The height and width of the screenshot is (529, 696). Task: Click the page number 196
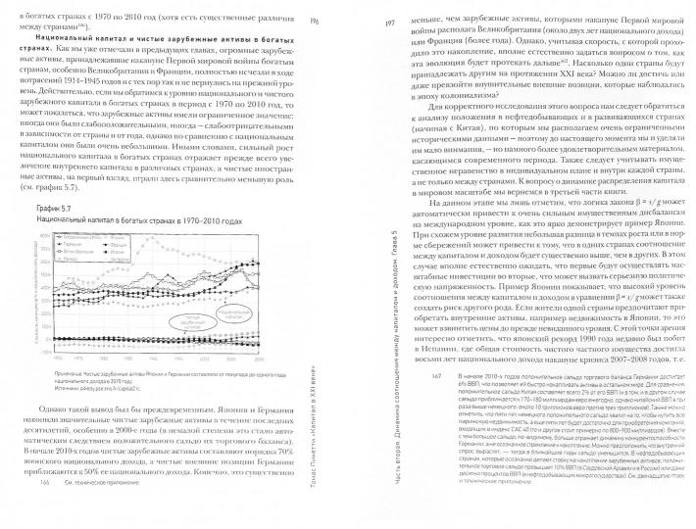click(315, 22)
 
